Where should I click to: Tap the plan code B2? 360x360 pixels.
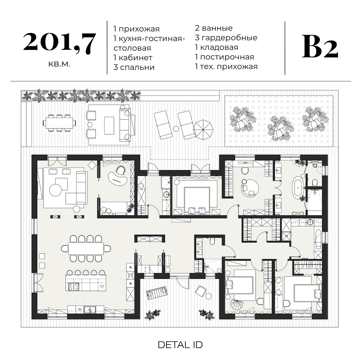tap(320, 47)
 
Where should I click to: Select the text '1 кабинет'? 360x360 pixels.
tap(133, 58)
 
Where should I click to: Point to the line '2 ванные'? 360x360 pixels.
tap(214, 28)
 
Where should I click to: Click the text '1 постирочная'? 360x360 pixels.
tap(224, 57)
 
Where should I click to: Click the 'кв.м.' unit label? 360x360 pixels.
tap(59, 64)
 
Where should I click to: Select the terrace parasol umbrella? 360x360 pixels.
tap(203, 129)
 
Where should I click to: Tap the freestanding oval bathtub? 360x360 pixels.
tap(298, 188)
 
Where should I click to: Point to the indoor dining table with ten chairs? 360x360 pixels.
tap(86, 248)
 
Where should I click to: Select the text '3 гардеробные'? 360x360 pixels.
tap(226, 38)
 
